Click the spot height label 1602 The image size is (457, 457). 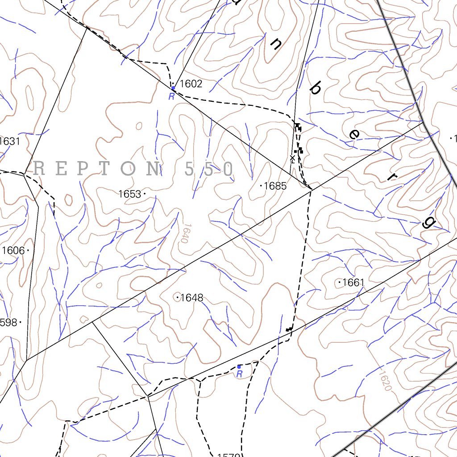point(191,84)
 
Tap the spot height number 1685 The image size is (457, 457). point(275,186)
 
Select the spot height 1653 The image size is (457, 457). point(129,194)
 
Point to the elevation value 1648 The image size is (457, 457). point(192,298)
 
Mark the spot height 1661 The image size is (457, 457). point(353,283)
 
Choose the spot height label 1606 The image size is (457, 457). point(13,250)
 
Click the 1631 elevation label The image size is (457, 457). point(10,141)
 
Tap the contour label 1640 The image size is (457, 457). point(182,233)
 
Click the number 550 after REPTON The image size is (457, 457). point(209,169)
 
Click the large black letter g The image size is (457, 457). point(427,222)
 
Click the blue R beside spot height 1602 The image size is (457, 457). point(171,97)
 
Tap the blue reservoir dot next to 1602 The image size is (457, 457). point(173,88)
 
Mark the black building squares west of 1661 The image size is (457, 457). point(289,329)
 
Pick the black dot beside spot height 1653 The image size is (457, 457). point(145,193)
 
